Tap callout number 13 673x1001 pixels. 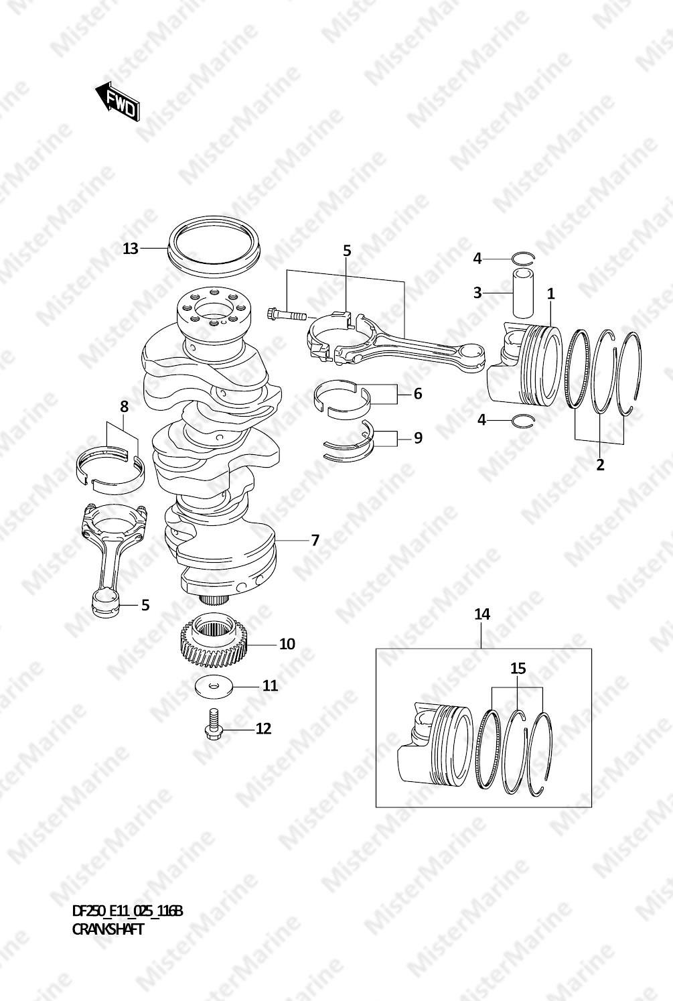[x=131, y=249]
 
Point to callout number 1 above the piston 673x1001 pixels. [x=550, y=294]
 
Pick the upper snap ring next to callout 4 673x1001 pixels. [x=523, y=258]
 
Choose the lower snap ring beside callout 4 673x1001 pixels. [x=522, y=421]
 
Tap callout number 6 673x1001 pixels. [x=418, y=394]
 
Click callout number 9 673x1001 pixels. [x=418, y=438]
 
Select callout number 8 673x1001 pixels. [x=124, y=407]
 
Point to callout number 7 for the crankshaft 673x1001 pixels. [x=315, y=540]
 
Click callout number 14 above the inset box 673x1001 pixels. [x=482, y=614]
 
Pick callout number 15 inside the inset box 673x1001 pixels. [x=518, y=669]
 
